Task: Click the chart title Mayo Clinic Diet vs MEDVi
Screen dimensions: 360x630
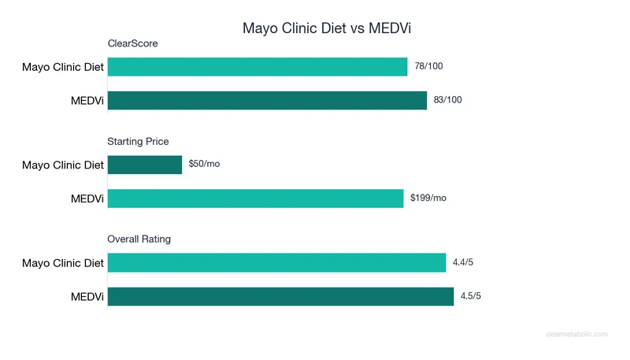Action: [327, 28]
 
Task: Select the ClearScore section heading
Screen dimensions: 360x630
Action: [132, 43]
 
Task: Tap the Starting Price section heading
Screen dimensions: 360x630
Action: [138, 141]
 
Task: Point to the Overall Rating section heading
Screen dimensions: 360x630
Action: [139, 239]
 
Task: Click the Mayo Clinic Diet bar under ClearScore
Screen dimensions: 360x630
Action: [258, 67]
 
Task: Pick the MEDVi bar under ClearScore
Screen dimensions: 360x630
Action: [267, 100]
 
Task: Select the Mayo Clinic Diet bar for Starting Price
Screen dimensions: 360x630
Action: [145, 165]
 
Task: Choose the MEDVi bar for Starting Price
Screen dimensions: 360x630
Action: [255, 198]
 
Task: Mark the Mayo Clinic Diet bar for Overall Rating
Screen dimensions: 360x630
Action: [276, 262]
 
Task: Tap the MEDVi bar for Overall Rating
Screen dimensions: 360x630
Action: [280, 295]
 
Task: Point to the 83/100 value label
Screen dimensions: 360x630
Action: [447, 100]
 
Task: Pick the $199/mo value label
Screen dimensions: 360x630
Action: [428, 198]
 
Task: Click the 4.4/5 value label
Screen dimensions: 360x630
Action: [465, 262]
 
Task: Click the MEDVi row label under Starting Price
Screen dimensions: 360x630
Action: [87, 198]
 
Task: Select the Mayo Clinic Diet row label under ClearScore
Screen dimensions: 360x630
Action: [63, 67]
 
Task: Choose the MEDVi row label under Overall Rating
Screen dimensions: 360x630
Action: [87, 295]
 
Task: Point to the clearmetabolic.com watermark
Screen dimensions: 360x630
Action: [576, 334]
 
